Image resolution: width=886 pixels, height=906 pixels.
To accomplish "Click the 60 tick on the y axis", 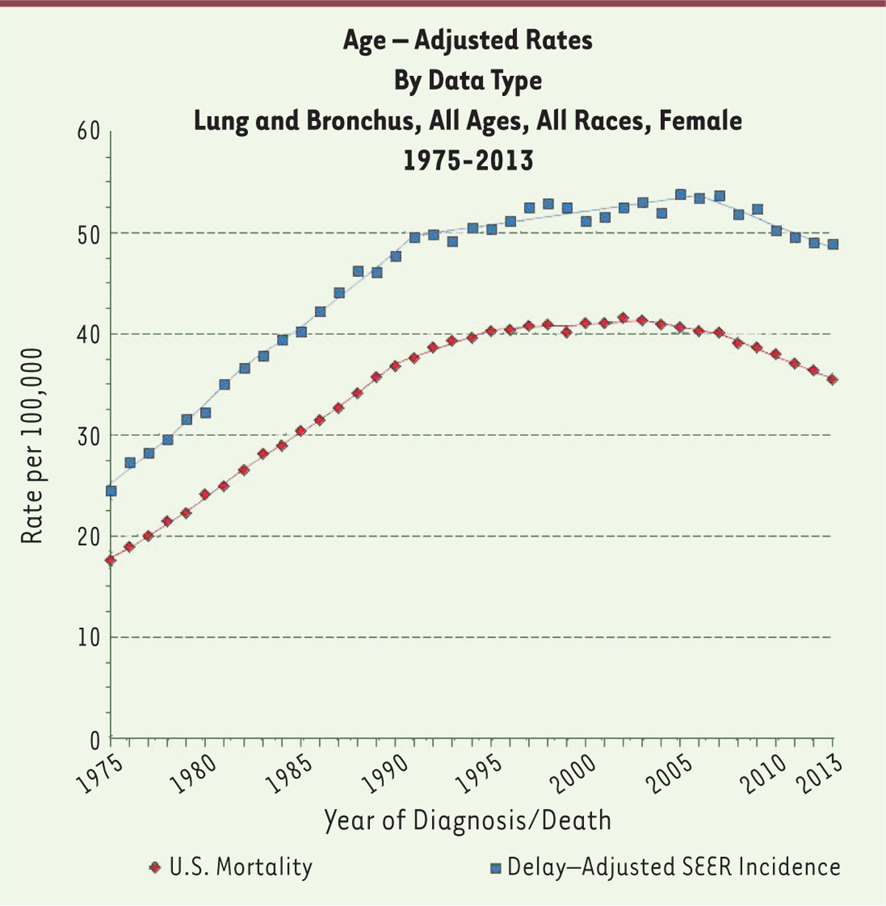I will [x=88, y=132].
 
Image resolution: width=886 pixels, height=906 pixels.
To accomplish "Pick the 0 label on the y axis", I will [x=94, y=739].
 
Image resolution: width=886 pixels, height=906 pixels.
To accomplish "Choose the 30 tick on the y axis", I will [x=88, y=435].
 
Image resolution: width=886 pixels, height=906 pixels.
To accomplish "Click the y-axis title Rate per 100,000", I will [x=32, y=447].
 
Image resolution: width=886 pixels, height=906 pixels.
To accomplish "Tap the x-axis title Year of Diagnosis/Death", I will [x=467, y=820].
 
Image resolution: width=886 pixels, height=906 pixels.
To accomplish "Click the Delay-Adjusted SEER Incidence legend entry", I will [x=664, y=867].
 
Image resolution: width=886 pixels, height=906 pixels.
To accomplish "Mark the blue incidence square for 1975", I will [x=111, y=491].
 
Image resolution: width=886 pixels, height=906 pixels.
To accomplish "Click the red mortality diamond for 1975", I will [x=111, y=560].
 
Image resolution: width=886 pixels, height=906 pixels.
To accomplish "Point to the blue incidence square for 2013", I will [x=833, y=244].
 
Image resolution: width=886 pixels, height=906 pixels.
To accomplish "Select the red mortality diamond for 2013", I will [x=833, y=379].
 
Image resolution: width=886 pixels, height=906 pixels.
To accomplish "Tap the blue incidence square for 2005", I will [x=681, y=195].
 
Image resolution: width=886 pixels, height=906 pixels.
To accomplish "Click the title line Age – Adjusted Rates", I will [x=467, y=40].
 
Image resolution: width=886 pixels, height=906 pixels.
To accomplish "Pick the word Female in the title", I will [x=701, y=120].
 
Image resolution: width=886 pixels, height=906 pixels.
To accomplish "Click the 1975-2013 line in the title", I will [x=467, y=160].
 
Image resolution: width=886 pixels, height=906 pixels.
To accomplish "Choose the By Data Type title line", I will [x=467, y=80].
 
